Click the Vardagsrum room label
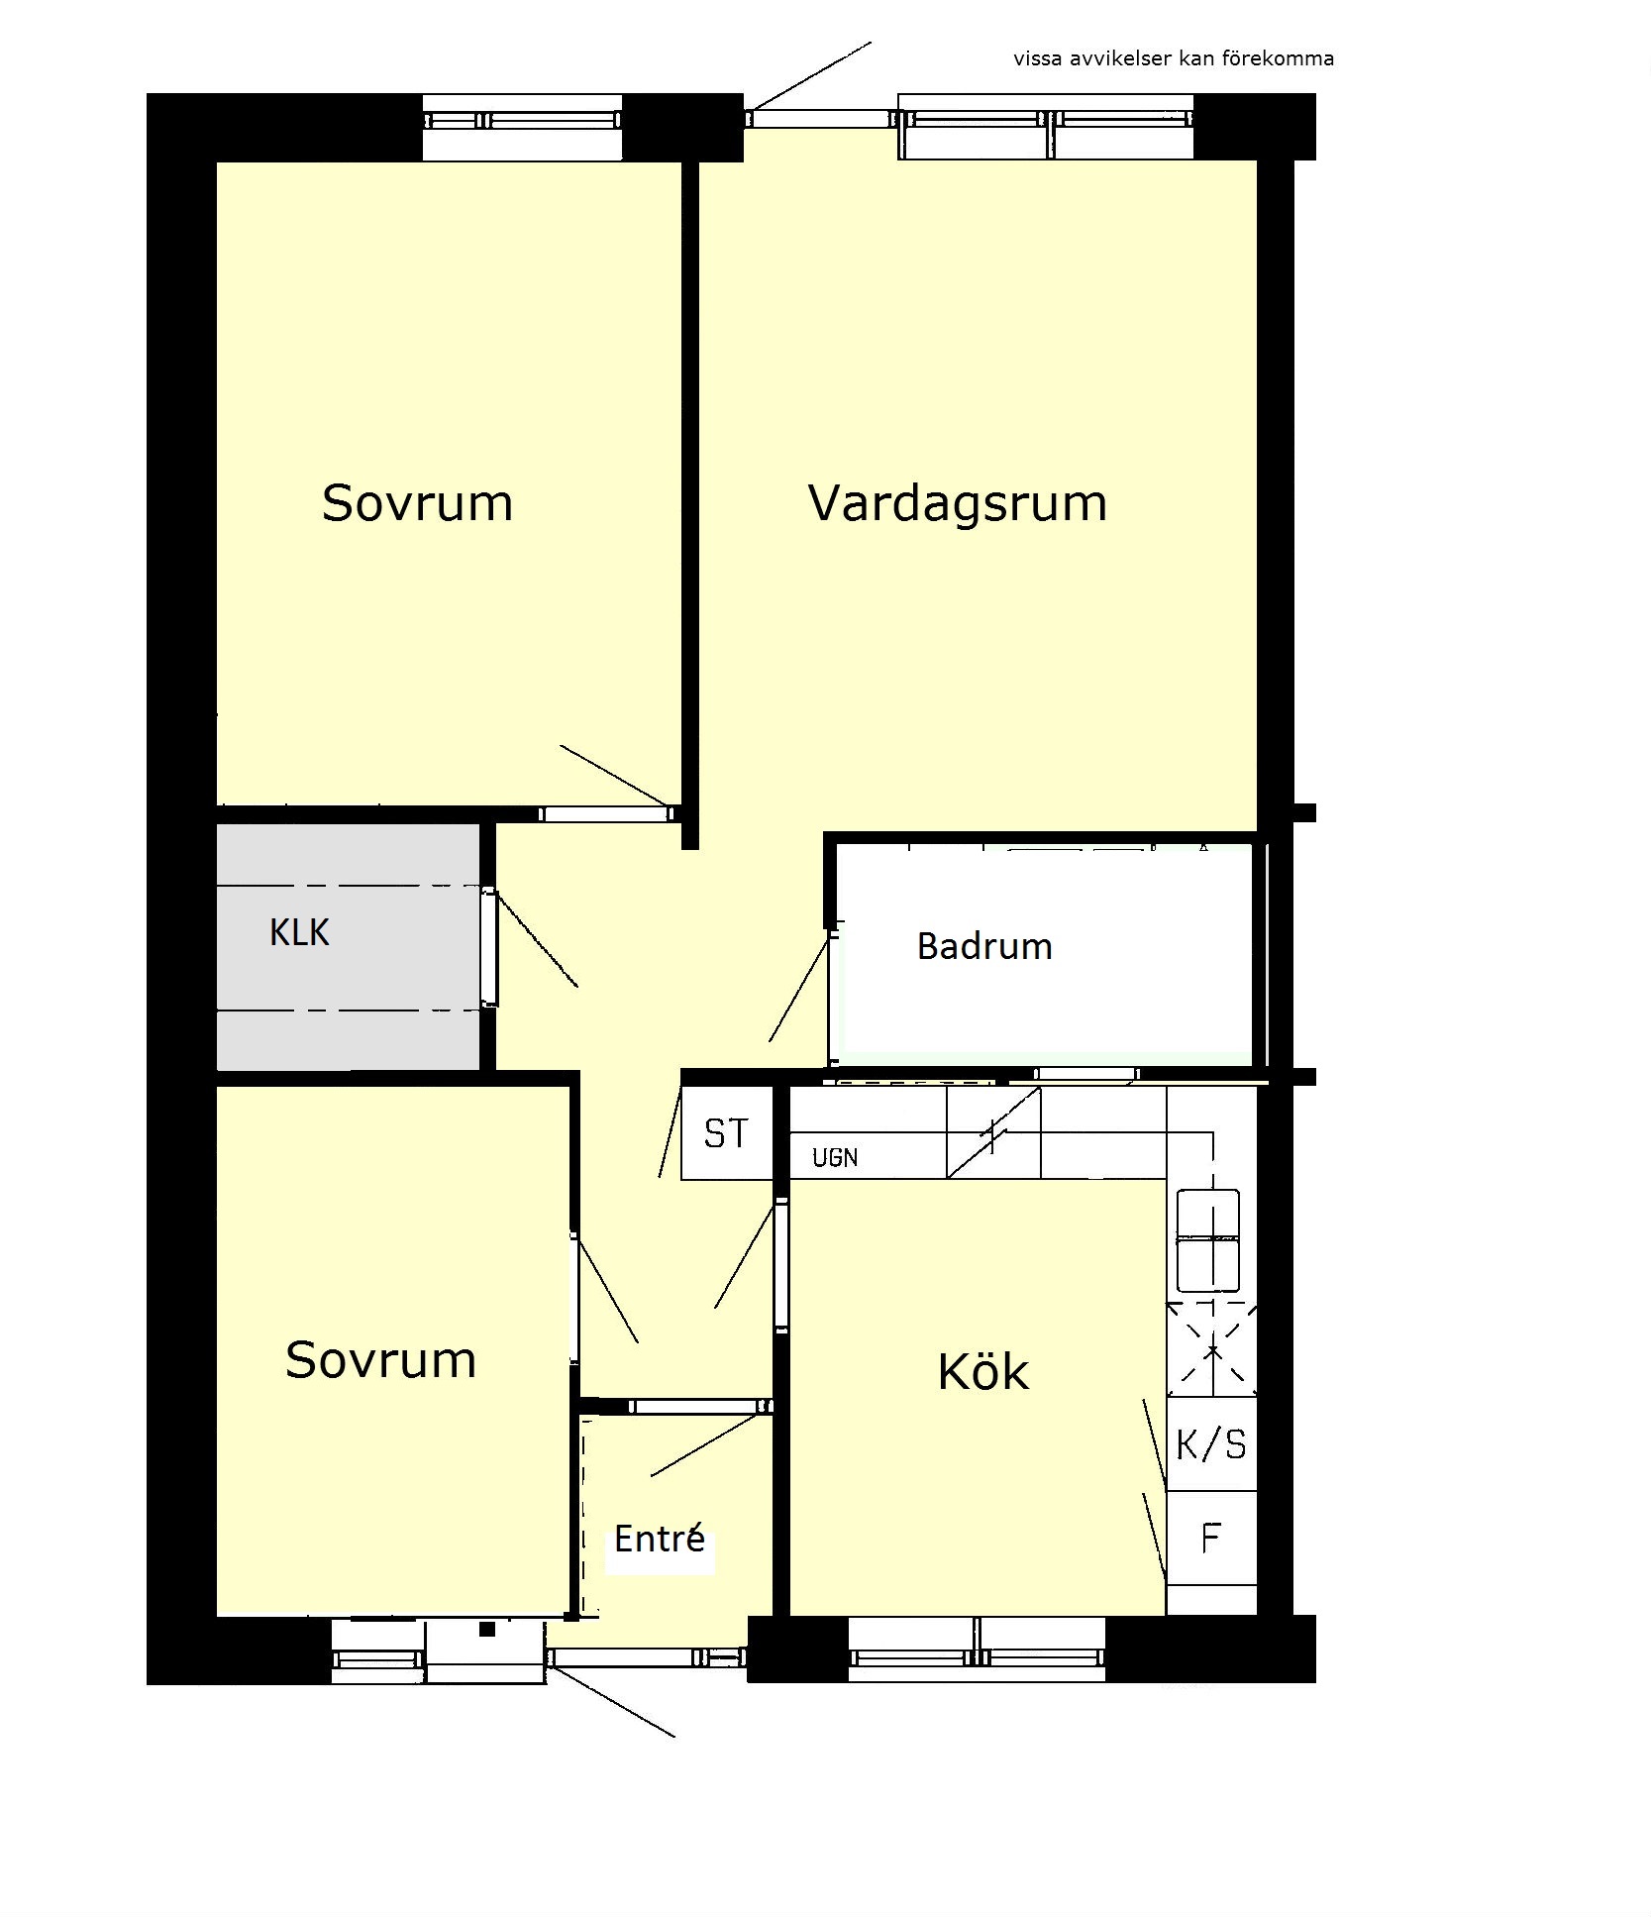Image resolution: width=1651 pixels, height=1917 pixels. point(957,503)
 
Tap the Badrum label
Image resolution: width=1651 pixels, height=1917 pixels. point(984,946)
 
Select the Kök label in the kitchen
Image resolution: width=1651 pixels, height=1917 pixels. point(982,1371)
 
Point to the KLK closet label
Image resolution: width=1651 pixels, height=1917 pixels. point(299,932)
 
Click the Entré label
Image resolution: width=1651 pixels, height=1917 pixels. point(660,1538)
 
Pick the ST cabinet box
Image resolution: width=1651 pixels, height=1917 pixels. point(727,1132)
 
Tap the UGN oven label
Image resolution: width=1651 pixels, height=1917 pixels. point(835,1157)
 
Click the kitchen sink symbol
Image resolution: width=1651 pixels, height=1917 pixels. point(1208,1240)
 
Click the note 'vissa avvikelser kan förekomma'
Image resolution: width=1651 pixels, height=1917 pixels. point(1174,58)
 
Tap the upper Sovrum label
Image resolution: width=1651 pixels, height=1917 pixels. point(417,503)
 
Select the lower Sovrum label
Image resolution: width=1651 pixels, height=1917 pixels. point(380,1360)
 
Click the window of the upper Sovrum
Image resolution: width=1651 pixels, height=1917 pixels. point(522,121)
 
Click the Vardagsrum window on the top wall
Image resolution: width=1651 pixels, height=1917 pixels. point(1046,121)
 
